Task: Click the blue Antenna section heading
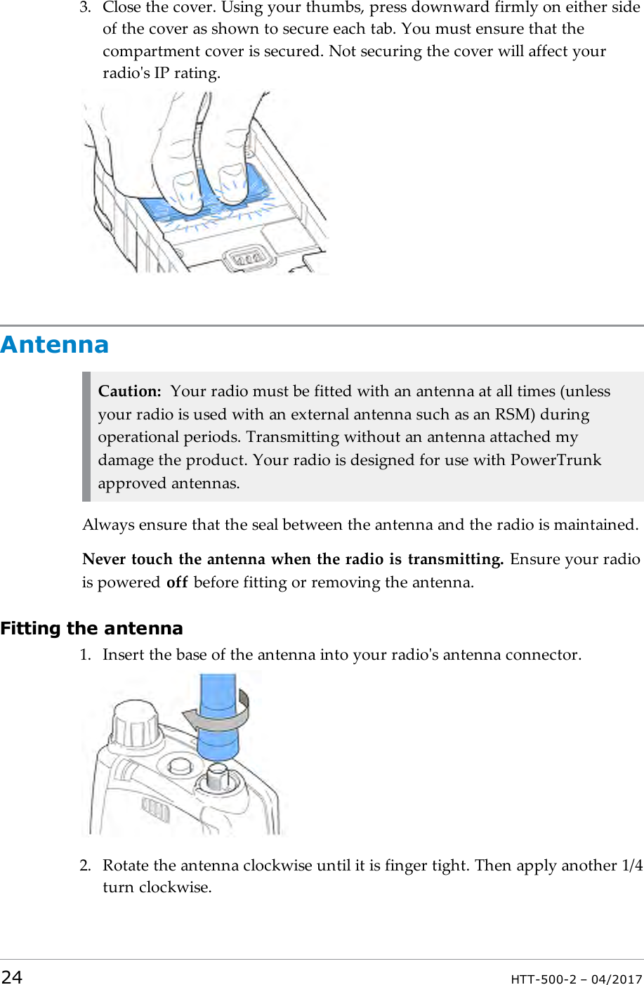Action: coord(55,345)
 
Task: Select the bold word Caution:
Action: coord(130,391)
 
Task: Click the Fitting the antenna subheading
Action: coord(92,628)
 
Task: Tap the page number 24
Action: coord(12,977)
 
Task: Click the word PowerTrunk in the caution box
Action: coord(556,460)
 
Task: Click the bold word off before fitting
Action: coord(177,582)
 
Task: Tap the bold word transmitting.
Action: coord(455,559)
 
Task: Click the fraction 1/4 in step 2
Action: coord(632,866)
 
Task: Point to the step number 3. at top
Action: coord(85,8)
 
